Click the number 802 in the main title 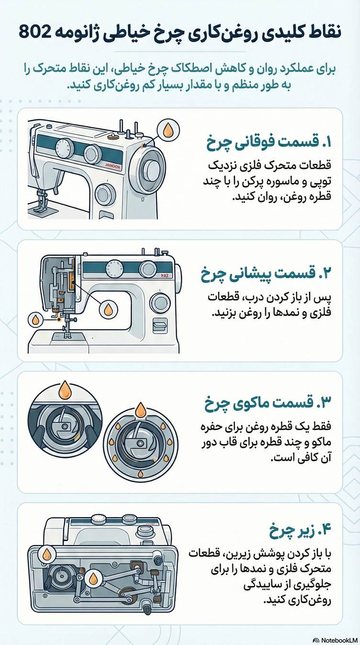coord(36,33)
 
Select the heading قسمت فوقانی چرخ coord(268,142)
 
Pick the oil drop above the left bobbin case coord(65,389)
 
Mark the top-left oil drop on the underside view coord(47,555)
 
